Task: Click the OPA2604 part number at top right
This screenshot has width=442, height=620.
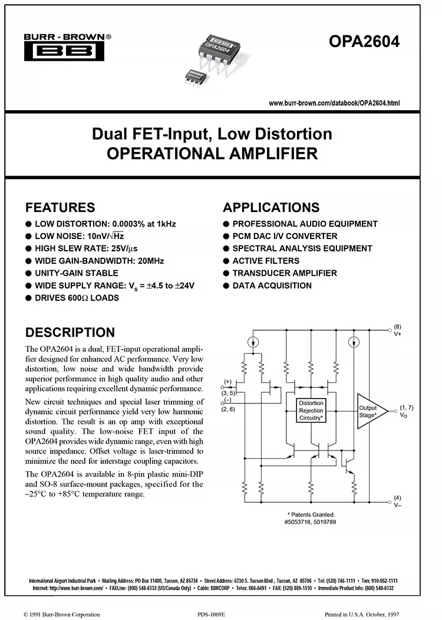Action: pos(364,42)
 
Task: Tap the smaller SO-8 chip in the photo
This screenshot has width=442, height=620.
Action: pos(193,76)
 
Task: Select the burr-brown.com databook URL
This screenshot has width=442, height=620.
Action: pos(334,103)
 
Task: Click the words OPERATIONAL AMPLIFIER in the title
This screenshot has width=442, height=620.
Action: pos(212,154)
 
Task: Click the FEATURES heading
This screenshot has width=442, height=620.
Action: pos(60,207)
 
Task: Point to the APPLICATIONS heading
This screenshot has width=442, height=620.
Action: pos(271,207)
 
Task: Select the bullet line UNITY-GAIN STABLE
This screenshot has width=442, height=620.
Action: pos(76,273)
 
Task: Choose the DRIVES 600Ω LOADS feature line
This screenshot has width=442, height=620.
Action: pos(77,298)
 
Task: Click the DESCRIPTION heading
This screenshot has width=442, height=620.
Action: pos(70,332)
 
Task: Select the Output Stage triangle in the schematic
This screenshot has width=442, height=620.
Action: pos(371,410)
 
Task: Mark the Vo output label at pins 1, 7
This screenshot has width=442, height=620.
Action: pos(404,415)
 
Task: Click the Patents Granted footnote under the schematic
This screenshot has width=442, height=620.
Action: pos(311,518)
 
